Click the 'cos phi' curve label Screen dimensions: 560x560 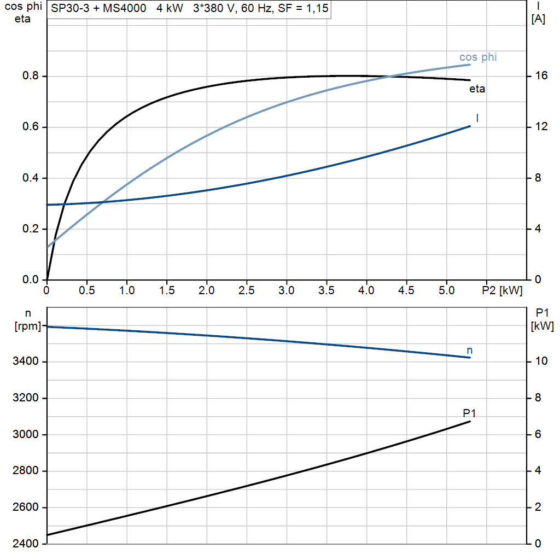[478, 57]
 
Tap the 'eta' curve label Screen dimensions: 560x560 [477, 89]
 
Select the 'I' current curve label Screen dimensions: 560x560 [477, 118]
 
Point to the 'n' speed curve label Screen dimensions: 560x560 [469, 350]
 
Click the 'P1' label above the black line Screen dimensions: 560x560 [469, 413]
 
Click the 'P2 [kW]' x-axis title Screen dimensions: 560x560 [502, 290]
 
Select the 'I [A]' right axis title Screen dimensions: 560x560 [539, 13]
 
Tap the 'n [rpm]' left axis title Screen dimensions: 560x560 [27, 320]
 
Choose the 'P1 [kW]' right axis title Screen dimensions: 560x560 [542, 319]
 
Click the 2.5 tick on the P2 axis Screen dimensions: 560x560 [247, 290]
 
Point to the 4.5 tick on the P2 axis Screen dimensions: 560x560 [406, 290]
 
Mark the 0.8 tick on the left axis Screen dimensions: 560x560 [30, 76]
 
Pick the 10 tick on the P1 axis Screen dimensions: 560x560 [541, 362]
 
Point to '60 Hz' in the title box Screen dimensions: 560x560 [261, 9]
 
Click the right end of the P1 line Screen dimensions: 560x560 [470, 422]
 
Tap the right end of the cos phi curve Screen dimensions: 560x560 [470, 65]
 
